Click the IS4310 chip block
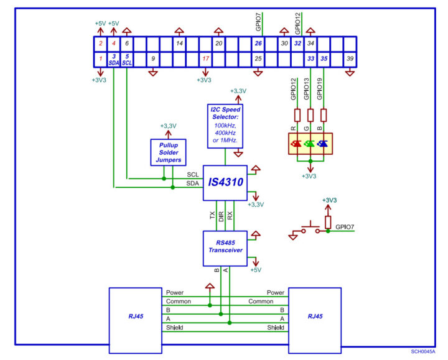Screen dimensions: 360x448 [x=225, y=183]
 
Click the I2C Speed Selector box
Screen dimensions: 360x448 [x=225, y=126]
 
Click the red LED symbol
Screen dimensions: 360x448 [x=296, y=144]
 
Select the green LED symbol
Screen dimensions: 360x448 [x=309, y=144]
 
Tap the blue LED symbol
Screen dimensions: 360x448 [x=322, y=144]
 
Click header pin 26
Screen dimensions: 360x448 [x=258, y=44]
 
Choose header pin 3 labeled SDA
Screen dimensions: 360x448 [x=114, y=59]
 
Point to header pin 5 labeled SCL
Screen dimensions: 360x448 [x=127, y=59]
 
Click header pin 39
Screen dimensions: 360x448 [x=350, y=58]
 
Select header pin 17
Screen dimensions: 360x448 [x=205, y=58]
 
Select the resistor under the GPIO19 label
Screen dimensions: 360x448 [x=322, y=115]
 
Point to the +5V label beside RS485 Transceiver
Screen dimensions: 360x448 [x=256, y=270]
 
